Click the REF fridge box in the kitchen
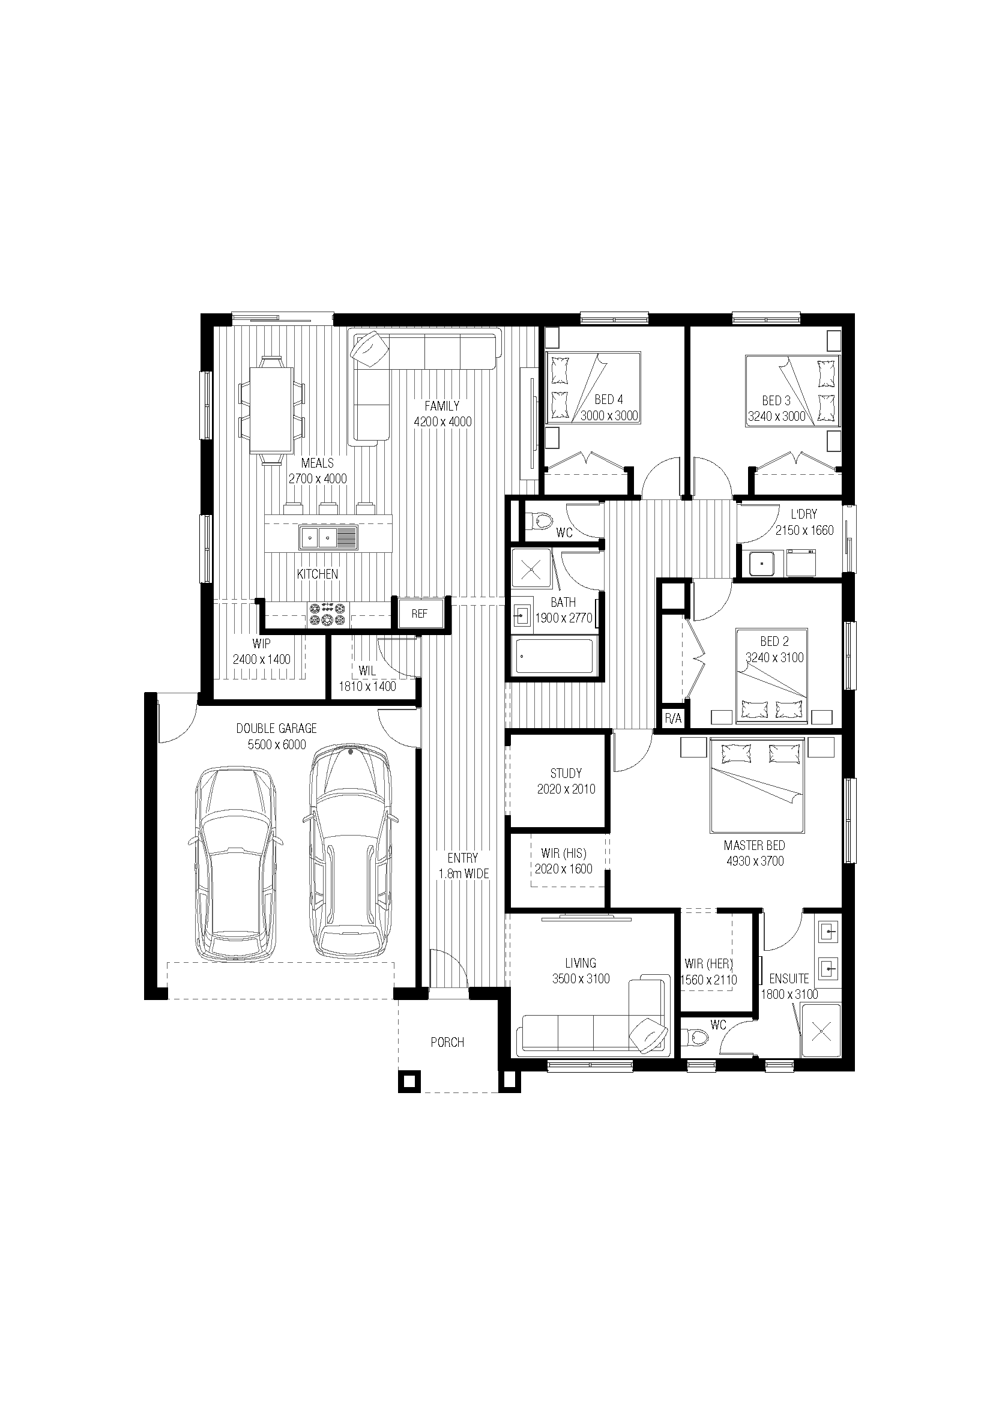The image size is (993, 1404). click(420, 613)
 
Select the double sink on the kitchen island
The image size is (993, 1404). click(328, 537)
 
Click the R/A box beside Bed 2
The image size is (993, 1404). click(672, 719)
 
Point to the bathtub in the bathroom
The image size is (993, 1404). click(554, 655)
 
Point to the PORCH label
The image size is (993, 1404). click(448, 1042)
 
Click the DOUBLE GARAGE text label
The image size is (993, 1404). click(276, 728)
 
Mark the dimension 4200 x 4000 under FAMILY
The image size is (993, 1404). click(442, 421)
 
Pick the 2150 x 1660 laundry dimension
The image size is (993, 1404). click(804, 530)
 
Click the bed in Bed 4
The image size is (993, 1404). click(593, 388)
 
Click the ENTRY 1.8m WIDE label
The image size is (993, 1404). click(463, 866)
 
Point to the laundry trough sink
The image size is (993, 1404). click(762, 563)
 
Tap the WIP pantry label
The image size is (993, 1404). click(261, 643)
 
